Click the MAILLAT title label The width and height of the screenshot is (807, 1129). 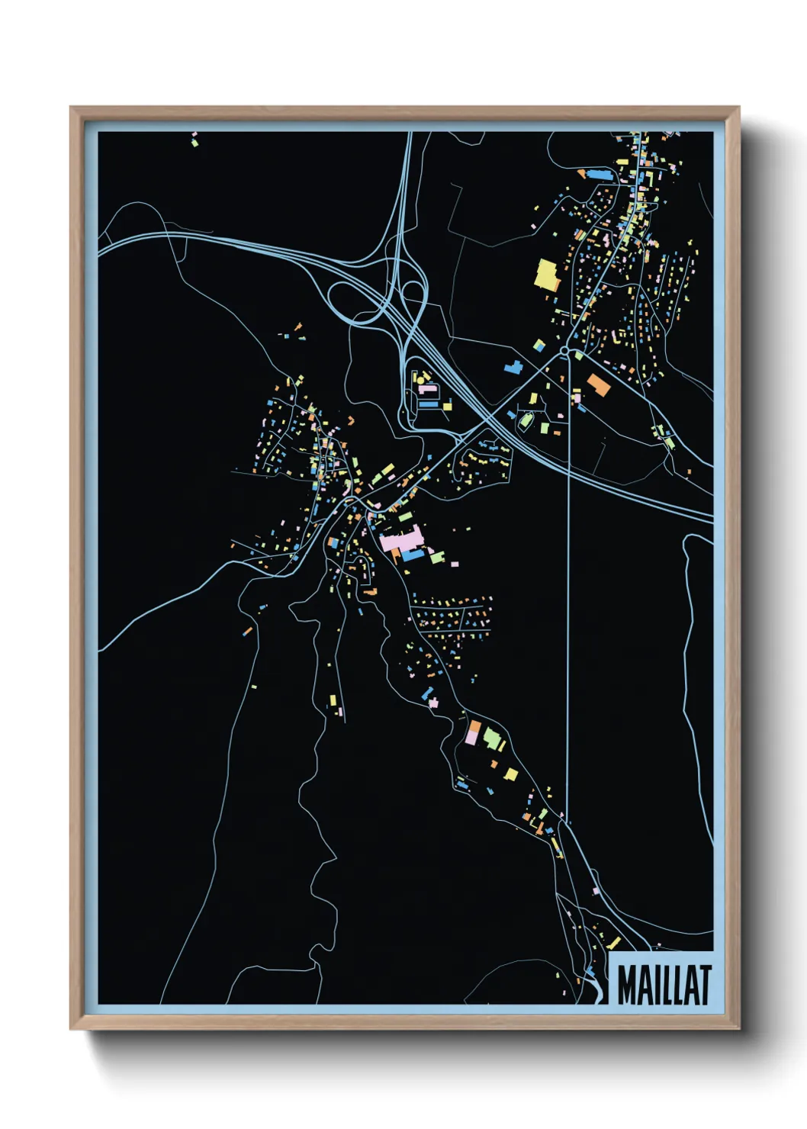(663, 985)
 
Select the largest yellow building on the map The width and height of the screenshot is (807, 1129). (548, 275)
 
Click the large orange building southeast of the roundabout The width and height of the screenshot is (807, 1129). (598, 384)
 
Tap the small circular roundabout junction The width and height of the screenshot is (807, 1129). (564, 351)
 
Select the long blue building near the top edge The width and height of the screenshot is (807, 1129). (601, 175)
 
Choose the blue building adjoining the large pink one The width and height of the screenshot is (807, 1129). (413, 555)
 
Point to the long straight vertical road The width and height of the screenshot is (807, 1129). (569, 610)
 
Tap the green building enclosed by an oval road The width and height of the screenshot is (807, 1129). (526, 419)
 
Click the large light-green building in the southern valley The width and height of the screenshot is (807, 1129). (492, 738)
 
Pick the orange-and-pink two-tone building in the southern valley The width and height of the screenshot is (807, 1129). (474, 732)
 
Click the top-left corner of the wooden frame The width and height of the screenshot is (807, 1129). (71, 108)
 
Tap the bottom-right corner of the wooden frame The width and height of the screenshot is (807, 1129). (738, 1028)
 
